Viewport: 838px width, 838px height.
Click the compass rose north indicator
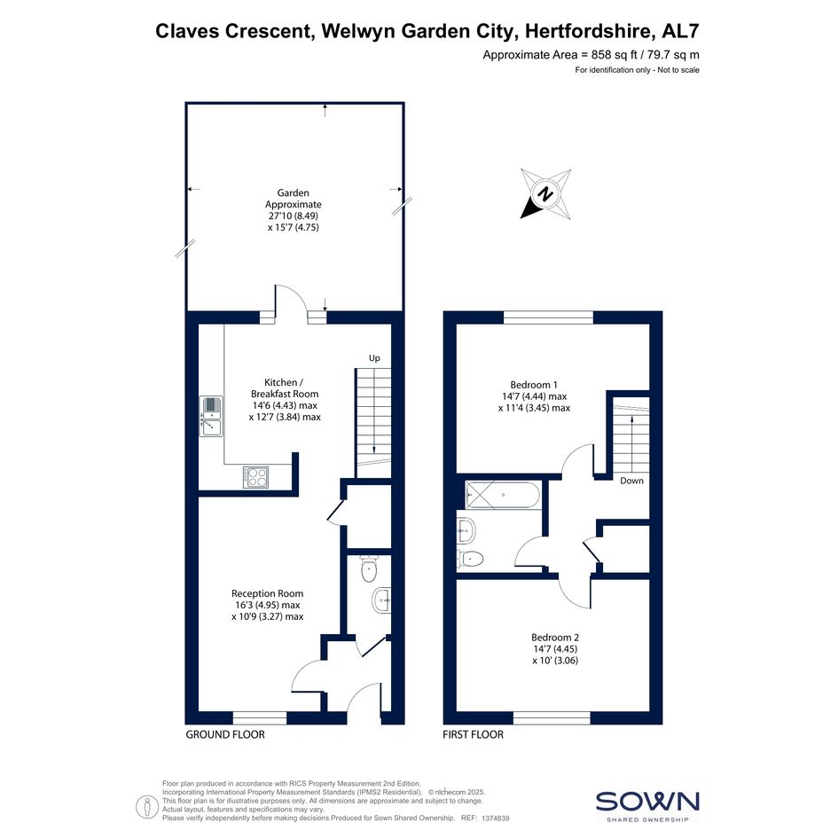pos(545,193)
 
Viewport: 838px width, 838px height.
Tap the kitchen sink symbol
pos(212,416)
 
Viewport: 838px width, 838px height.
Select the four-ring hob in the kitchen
pos(256,477)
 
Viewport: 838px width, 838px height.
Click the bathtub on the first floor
pos(503,495)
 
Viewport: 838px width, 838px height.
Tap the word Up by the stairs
pos(374,358)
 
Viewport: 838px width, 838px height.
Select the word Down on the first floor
pos(631,481)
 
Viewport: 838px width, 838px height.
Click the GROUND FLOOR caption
pos(225,735)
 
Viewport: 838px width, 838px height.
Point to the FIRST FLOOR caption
pos(473,735)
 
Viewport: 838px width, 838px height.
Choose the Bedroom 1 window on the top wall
pos(548,317)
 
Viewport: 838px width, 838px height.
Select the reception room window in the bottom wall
pos(260,717)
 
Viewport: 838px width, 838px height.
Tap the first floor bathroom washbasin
pos(466,530)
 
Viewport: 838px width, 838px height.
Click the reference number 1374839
pos(496,818)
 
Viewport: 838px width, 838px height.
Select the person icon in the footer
pos(147,806)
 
